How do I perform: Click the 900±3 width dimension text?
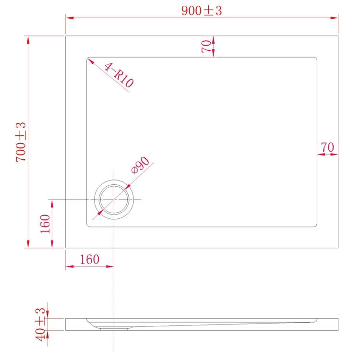click(202, 11)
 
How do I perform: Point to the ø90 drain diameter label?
click(141, 166)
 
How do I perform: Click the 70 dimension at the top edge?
click(206, 47)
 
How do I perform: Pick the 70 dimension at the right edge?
click(327, 148)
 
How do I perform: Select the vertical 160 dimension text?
click(45, 224)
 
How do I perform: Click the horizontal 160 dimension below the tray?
click(89, 259)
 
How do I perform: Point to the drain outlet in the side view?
click(114, 328)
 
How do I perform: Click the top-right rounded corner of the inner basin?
click(315, 59)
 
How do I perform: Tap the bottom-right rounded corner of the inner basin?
click(315, 225)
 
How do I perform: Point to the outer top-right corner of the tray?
click(338, 36)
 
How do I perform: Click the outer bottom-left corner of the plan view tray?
click(66, 248)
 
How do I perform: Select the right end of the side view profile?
click(338, 324)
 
